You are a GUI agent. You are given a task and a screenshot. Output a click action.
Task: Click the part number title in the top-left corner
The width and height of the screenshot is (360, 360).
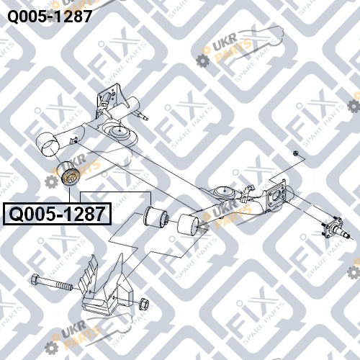pyautogui.click(x=50, y=17)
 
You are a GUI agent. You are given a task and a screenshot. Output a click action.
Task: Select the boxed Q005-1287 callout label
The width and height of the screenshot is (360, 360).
pyautogui.click(x=57, y=214)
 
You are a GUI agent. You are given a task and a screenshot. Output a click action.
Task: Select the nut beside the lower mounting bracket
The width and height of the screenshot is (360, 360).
pyautogui.click(x=144, y=304)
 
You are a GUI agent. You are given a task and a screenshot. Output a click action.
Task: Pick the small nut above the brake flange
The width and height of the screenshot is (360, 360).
pyautogui.click(x=296, y=153)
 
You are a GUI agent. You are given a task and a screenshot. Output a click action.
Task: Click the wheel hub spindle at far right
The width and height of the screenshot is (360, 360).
pyautogui.click(x=336, y=228)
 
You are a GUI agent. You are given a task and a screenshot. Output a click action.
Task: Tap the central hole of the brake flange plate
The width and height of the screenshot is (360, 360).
pyautogui.click(x=278, y=196)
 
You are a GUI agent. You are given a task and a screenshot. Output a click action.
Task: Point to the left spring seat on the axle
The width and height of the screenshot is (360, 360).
pyautogui.click(x=120, y=131)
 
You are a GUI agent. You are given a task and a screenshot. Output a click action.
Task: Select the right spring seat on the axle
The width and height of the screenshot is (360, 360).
pyautogui.click(x=225, y=192)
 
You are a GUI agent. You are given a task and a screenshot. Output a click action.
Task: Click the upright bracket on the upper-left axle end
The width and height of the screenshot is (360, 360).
pyautogui.click(x=108, y=98)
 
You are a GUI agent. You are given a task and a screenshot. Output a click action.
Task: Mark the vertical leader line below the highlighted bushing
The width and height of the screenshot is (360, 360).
pyautogui.click(x=70, y=194)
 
